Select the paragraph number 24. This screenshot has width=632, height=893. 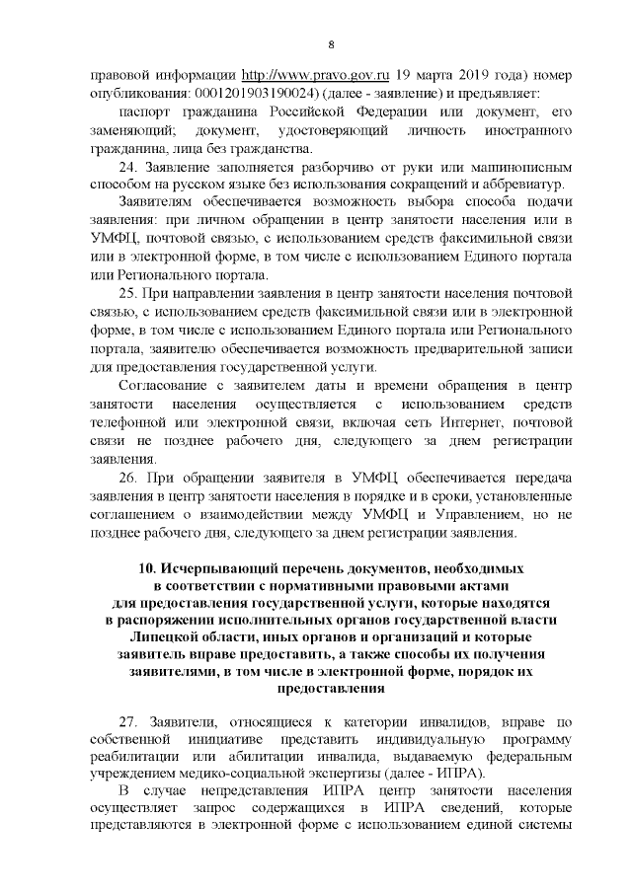click(x=127, y=168)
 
